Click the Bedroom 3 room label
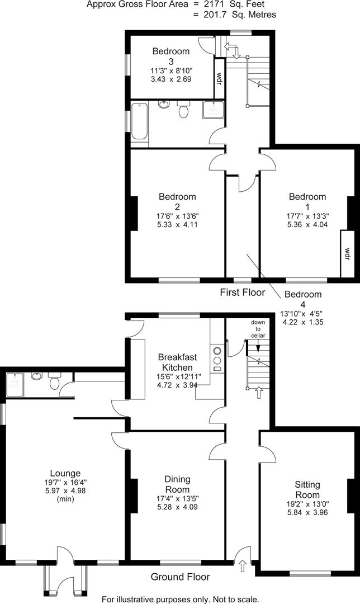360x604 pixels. coord(170,56)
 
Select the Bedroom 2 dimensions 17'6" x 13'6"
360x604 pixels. coord(177,216)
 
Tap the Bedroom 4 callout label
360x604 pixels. coord(302,299)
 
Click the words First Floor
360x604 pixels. coord(241,292)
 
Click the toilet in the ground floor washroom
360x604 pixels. coord(54,383)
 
